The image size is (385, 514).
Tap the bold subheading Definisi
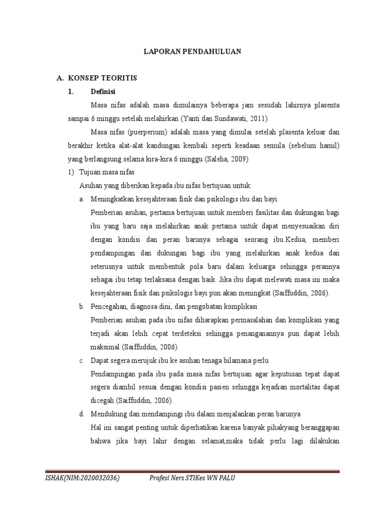[102, 92]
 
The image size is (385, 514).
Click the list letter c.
[81, 360]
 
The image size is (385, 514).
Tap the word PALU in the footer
[225, 478]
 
